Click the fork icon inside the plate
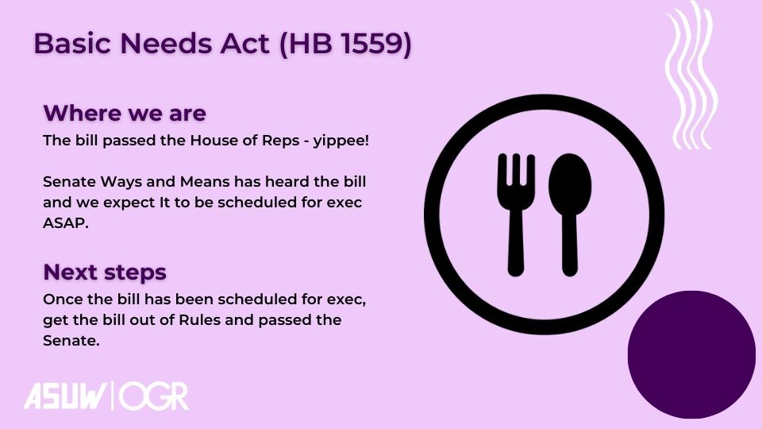[x=516, y=214]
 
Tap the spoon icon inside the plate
[x=570, y=214]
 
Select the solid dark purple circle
[x=691, y=354]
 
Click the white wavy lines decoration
[x=690, y=75]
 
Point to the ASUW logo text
[x=65, y=396]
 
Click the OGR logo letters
[x=154, y=396]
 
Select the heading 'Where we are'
[x=125, y=113]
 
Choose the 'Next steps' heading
[x=105, y=272]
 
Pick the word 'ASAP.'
[x=66, y=222]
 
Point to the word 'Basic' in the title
[x=72, y=43]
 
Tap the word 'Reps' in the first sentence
[x=281, y=141]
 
